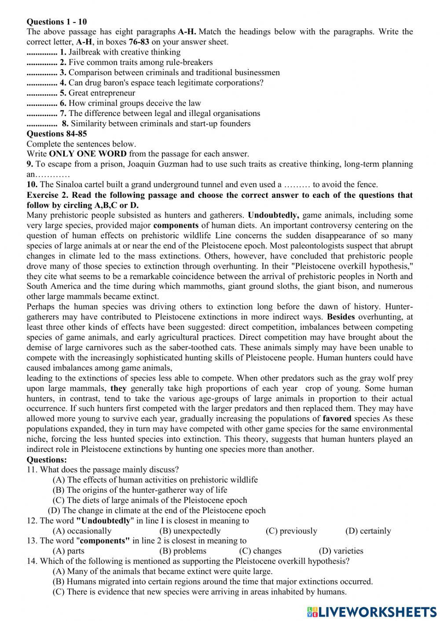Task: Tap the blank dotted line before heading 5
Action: [x=42, y=93]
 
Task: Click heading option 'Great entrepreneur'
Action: [x=102, y=93]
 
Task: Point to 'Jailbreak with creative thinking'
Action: [x=125, y=52]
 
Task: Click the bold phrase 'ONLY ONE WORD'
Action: [x=88, y=154]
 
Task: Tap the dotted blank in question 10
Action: [x=297, y=185]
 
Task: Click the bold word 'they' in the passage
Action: [x=118, y=389]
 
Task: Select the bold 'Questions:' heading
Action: [x=47, y=460]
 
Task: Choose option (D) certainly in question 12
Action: [x=368, y=531]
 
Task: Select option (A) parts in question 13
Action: [x=68, y=551]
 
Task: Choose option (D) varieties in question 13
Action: [x=341, y=551]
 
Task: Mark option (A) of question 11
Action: [x=155, y=480]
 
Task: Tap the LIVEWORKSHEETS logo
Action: [x=372, y=611]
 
